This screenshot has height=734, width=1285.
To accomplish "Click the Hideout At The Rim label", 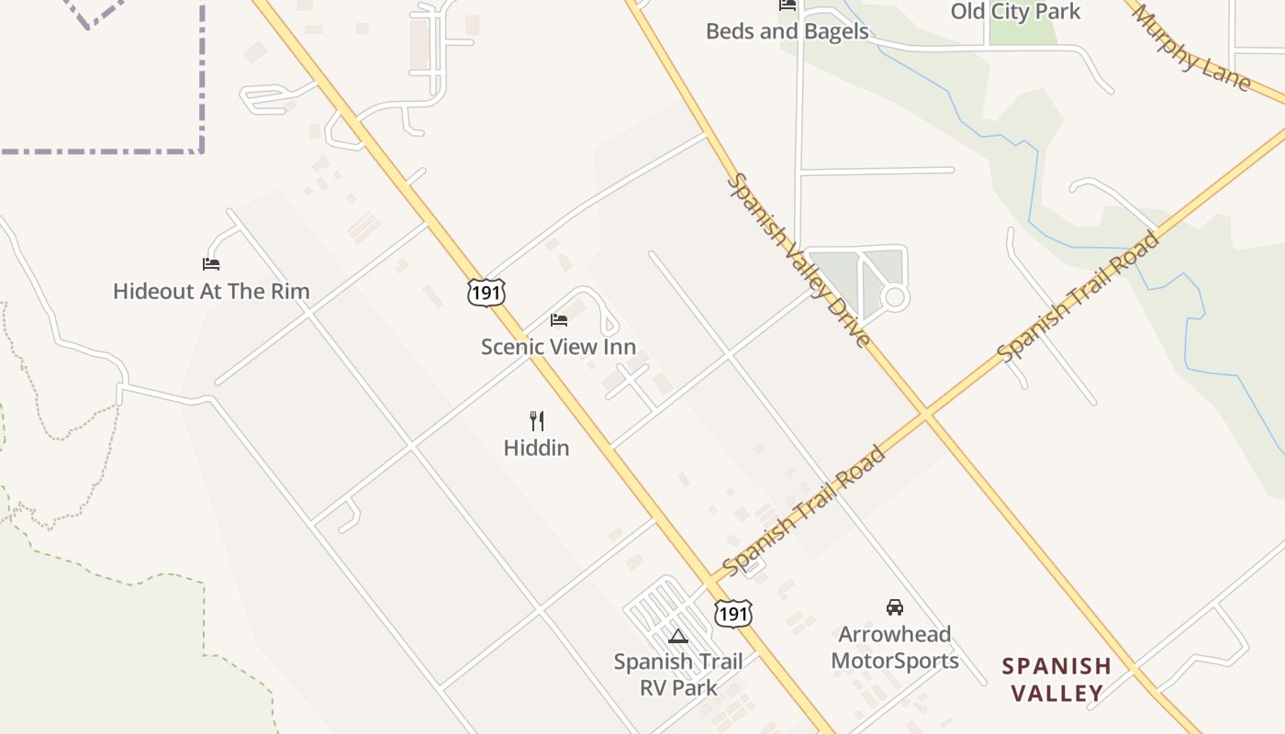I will [x=211, y=292].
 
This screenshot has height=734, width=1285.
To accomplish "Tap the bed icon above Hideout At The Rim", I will [x=211, y=264].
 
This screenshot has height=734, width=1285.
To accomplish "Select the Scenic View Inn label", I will [x=558, y=347].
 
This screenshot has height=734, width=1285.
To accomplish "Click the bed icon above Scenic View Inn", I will [x=558, y=320].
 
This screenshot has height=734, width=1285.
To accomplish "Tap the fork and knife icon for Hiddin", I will [x=537, y=421].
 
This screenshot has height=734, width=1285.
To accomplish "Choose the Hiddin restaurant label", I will [x=536, y=448].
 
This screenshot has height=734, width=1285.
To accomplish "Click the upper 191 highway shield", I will [x=485, y=293].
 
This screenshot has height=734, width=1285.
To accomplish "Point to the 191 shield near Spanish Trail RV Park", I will [x=732, y=613].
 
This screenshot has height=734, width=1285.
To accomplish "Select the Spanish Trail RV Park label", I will [x=678, y=673].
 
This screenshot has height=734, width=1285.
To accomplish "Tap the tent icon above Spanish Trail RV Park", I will [x=677, y=637].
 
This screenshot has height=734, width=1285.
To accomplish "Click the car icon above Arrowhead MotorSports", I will [x=895, y=606].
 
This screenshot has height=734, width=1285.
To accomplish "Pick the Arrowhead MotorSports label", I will [x=895, y=647].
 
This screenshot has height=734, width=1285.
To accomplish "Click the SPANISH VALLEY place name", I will [x=1056, y=679].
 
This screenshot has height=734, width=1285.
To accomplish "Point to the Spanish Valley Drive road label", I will [x=798, y=261].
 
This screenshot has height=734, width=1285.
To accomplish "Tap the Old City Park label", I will [x=1015, y=12].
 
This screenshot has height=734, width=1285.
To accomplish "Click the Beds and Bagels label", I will [x=787, y=31].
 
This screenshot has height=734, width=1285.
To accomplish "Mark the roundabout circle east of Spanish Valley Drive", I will [x=895, y=297].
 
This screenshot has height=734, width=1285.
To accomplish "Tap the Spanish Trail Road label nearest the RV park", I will [x=804, y=510].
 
